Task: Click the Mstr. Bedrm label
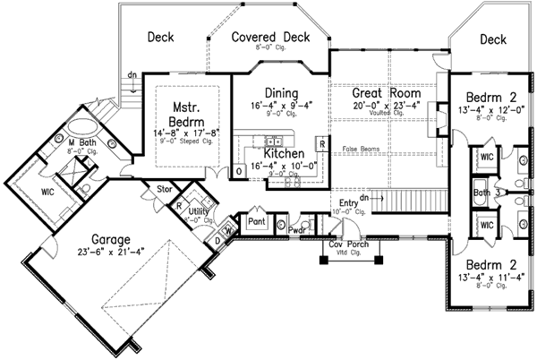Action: [x=189, y=114]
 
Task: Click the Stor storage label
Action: [x=163, y=190]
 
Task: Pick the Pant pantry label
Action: [x=257, y=220]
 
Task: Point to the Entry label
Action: [x=349, y=204]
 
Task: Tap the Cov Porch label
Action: [x=349, y=244]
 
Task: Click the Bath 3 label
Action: [x=484, y=192]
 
